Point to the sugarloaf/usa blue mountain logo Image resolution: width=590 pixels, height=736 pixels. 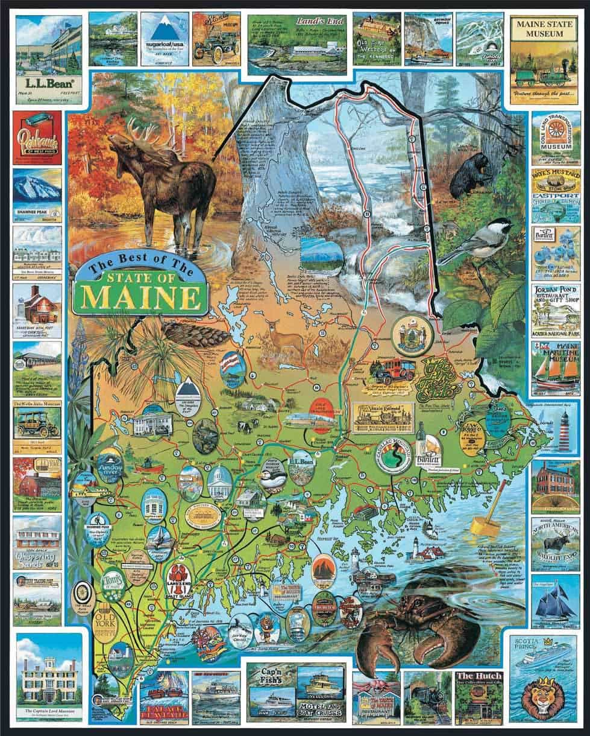click(x=164, y=30)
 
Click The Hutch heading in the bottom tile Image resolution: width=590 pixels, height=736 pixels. click(x=479, y=676)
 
